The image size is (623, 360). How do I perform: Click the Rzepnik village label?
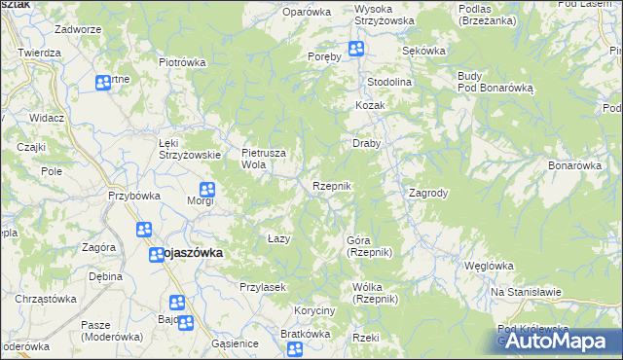331,185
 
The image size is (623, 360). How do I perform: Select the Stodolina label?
389,82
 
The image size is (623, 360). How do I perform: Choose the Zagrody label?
428,193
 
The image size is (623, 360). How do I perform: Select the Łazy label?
279,238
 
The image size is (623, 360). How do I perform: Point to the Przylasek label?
261,287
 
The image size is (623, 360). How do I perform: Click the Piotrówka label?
184,61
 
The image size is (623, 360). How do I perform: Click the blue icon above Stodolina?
356,50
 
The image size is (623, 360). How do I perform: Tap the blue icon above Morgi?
206,190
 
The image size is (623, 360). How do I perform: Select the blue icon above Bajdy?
176,303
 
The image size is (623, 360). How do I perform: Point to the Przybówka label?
134,195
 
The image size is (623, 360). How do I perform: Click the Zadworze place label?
79,29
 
